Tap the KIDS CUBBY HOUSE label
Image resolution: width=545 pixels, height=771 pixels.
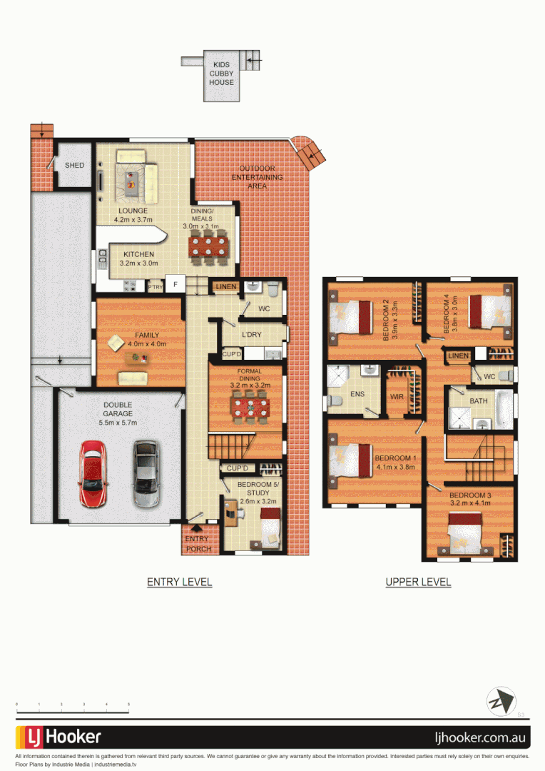(221, 73)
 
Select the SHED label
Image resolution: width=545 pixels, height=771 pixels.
(74, 166)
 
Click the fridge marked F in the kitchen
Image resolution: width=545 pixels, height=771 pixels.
(175, 283)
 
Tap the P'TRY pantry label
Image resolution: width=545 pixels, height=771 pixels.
(156, 287)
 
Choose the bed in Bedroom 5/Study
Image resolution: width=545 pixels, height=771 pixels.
(270, 530)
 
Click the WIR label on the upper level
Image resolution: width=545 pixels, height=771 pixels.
(397, 396)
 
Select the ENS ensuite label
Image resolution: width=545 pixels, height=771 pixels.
(358, 393)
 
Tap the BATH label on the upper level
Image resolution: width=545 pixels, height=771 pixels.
(479, 401)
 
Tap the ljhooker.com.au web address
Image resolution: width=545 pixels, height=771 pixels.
(481, 737)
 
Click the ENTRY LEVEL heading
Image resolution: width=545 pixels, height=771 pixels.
(179, 582)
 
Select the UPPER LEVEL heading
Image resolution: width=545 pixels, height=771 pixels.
(418, 582)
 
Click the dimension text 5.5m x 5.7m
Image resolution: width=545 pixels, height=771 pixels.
(117, 423)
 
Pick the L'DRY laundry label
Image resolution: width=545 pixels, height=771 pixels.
(251, 335)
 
